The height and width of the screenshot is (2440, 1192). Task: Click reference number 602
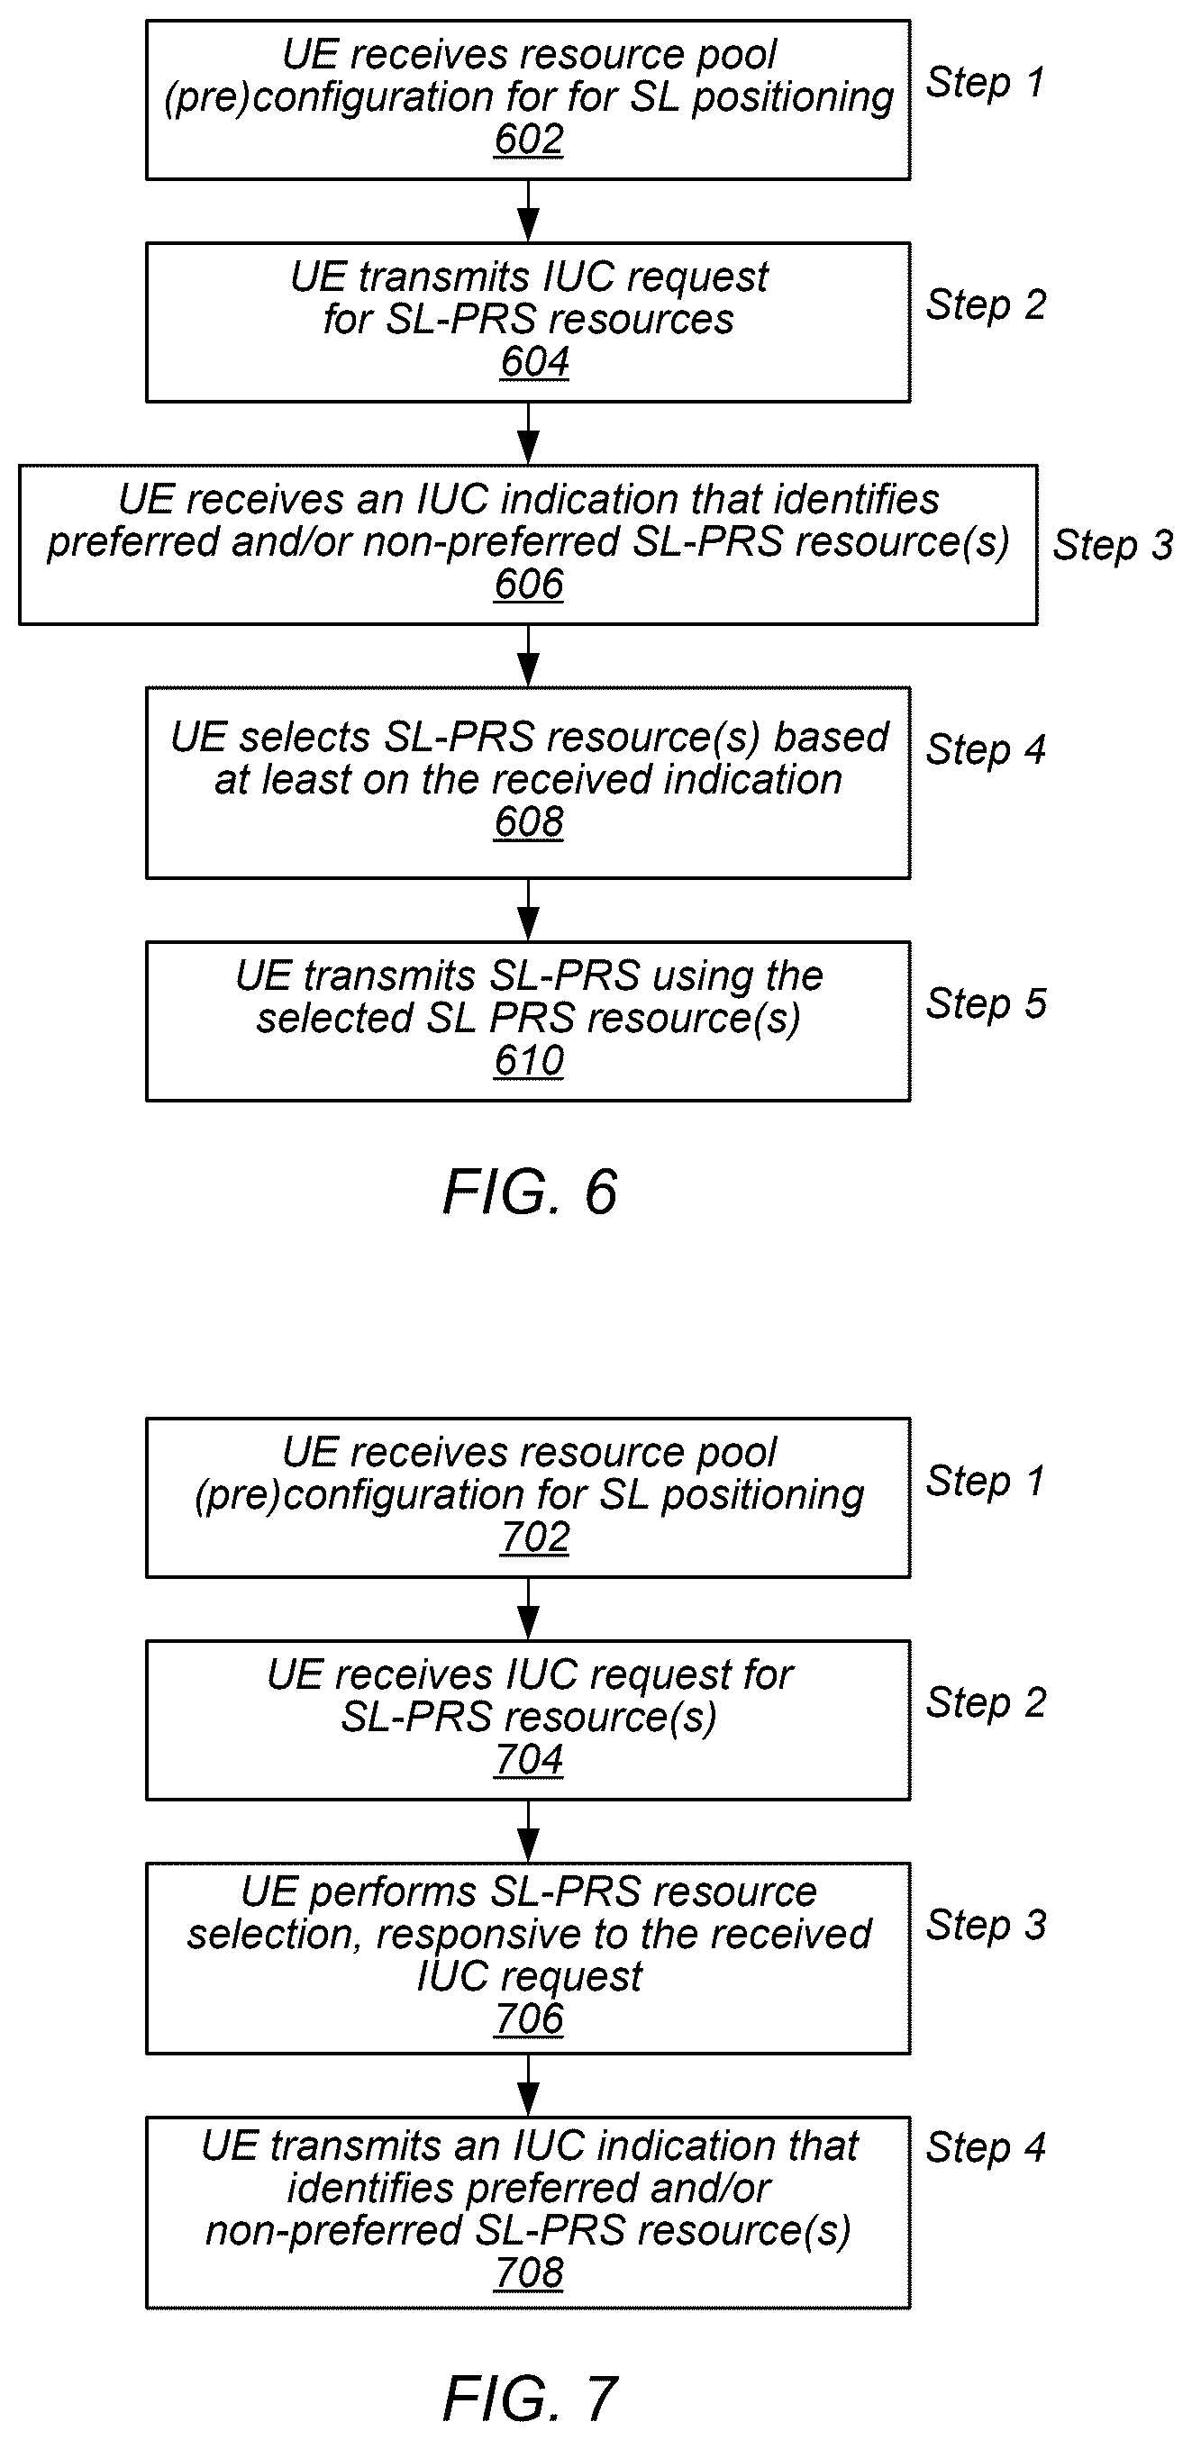[529, 140]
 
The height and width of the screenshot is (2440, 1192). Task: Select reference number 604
[534, 362]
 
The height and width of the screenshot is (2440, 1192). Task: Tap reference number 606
[529, 585]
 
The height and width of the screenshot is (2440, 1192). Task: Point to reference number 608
[529, 822]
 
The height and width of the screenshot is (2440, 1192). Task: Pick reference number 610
[529, 1061]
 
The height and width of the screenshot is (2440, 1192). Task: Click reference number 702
[534, 1537]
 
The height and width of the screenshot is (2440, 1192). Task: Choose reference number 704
[529, 1760]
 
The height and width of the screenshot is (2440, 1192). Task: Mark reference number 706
[529, 2019]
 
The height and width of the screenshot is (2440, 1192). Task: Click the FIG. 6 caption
[530, 1192]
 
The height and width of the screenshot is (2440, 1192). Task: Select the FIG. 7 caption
[530, 2399]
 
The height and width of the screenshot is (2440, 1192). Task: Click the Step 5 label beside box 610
[986, 1004]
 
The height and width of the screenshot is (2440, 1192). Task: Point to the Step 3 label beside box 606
[1113, 547]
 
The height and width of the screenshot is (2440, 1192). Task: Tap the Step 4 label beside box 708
[986, 2148]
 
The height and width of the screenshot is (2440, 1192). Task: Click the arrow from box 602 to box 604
[528, 212]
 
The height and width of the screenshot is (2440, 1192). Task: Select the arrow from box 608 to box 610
[528, 911]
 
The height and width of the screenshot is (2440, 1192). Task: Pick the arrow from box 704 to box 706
[528, 1831]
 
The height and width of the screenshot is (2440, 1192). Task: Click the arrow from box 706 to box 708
[528, 2085]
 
